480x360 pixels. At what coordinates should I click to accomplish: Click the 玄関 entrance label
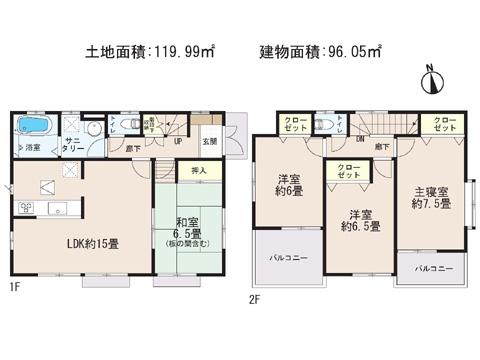point(210,140)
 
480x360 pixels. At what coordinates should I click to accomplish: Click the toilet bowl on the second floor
point(328,128)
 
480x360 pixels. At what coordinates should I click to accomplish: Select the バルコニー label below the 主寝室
point(435,268)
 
